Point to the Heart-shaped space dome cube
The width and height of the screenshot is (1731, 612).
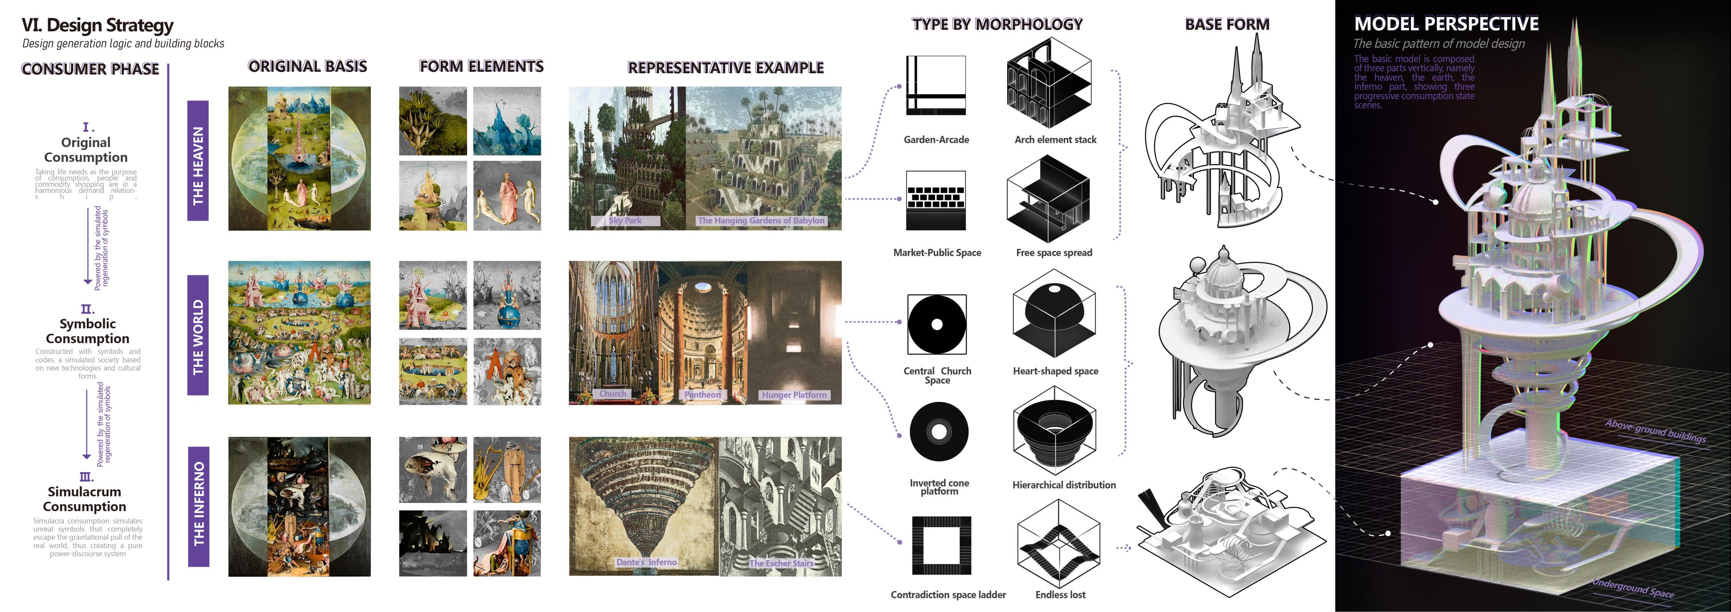click(1054, 314)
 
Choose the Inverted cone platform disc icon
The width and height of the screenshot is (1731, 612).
click(939, 432)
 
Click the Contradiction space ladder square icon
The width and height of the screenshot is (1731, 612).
click(941, 545)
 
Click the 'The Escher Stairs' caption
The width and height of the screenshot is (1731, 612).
click(781, 563)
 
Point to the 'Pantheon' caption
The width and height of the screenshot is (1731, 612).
click(702, 395)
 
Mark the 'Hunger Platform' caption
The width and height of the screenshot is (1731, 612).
click(794, 395)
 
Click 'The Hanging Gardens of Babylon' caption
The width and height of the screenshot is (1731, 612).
click(761, 220)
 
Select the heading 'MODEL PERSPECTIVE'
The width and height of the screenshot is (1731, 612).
click(1446, 24)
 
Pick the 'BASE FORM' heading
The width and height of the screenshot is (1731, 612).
click(1227, 25)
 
